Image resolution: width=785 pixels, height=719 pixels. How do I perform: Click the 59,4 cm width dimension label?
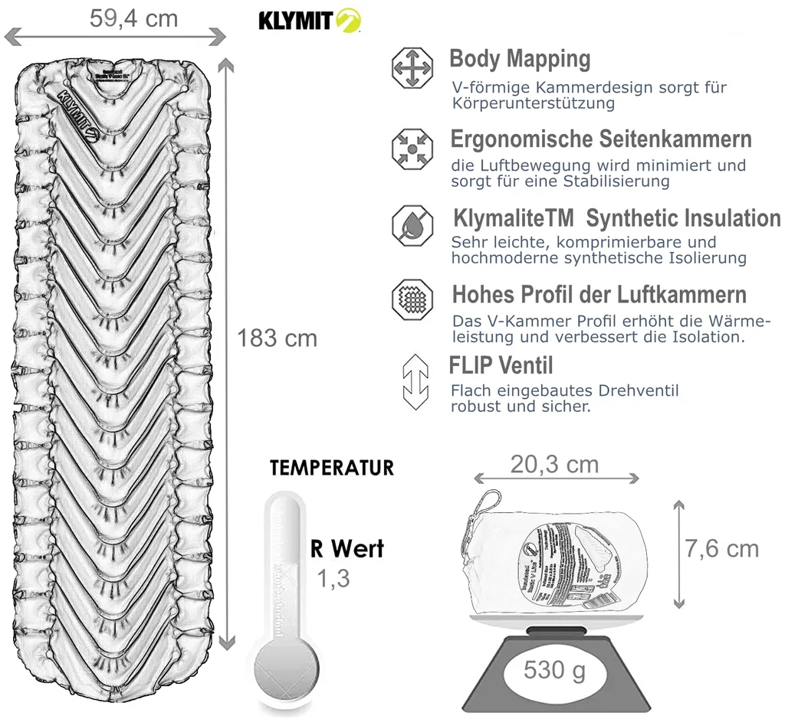click(x=133, y=18)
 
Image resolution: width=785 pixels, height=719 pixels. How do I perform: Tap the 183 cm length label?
click(x=277, y=338)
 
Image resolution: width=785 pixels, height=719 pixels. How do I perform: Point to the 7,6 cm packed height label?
click(x=722, y=548)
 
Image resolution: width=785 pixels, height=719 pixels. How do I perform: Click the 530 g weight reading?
click(x=555, y=672)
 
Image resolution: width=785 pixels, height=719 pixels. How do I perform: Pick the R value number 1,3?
click(x=333, y=579)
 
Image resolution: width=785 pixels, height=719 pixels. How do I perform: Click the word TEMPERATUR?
click(x=332, y=467)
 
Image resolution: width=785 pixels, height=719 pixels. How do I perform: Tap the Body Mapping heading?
click(x=520, y=59)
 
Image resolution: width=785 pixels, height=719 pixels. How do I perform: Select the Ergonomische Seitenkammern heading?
click(x=600, y=139)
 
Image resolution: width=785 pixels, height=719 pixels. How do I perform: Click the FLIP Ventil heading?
click(x=501, y=364)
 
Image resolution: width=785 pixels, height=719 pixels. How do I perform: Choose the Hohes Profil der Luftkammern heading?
click(x=599, y=295)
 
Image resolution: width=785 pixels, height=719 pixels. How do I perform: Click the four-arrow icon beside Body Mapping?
click(x=412, y=67)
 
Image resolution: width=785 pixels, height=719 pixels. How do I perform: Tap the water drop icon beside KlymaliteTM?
click(x=412, y=223)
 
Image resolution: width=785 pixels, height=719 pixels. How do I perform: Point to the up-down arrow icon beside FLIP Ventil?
click(x=415, y=381)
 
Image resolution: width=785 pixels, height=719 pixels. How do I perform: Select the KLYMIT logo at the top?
click(x=309, y=20)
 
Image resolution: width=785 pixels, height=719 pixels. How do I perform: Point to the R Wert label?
click(x=347, y=548)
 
